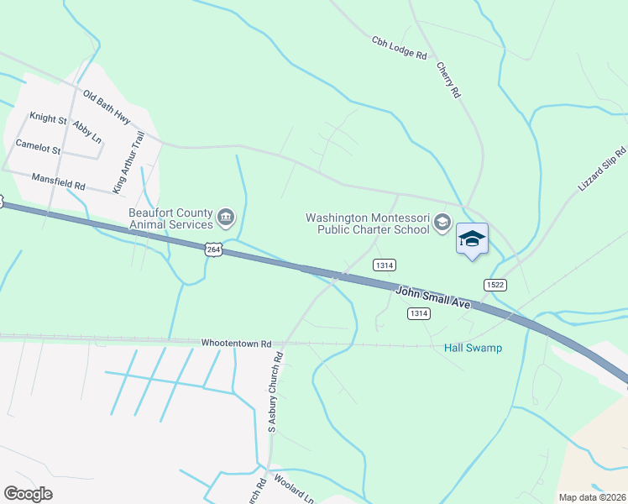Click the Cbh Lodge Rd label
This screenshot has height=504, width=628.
point(399,48)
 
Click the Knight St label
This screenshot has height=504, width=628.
point(48,118)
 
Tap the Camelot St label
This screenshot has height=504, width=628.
point(39,150)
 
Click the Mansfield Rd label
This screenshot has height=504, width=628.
point(59,180)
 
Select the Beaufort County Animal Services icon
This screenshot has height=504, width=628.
point(226,218)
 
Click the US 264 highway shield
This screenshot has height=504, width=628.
point(213,249)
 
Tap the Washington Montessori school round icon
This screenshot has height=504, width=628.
point(442,223)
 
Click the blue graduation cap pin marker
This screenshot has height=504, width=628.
point(472,239)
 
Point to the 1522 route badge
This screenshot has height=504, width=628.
point(495,286)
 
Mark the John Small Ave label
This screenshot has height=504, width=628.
point(432,296)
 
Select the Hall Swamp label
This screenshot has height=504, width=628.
point(473,348)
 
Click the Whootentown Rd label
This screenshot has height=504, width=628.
point(237,344)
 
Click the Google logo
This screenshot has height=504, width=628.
point(28,494)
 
